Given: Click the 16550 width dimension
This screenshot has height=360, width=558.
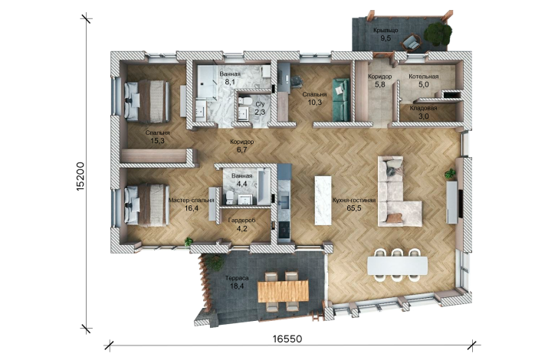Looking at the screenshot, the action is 287,339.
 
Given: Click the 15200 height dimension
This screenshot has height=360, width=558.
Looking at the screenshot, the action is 80,176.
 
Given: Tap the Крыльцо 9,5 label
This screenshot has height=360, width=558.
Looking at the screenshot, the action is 386,34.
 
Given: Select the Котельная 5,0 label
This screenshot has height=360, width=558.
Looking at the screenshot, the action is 423,80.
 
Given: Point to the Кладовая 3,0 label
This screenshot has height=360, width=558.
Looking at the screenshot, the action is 423,112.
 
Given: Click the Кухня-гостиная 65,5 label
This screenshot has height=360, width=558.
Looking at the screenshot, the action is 354,205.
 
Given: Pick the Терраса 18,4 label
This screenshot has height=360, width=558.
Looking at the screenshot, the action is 237,282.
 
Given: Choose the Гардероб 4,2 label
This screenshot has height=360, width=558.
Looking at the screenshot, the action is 241,224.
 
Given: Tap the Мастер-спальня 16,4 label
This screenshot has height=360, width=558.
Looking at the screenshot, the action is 191,205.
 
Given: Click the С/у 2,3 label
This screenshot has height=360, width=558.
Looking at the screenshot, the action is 260,108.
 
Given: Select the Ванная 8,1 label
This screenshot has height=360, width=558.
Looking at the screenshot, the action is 229,78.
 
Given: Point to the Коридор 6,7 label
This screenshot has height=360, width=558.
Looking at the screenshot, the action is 241,146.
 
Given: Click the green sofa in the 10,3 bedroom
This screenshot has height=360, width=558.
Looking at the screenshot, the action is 341,100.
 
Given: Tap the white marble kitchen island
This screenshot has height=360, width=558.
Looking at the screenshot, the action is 323,200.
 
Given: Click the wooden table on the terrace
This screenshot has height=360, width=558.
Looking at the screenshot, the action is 284,290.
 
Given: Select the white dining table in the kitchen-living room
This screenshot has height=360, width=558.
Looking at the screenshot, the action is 398,266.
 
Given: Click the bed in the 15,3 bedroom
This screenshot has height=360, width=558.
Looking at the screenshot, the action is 146,101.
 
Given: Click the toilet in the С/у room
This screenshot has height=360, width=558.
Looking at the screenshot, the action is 244,101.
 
